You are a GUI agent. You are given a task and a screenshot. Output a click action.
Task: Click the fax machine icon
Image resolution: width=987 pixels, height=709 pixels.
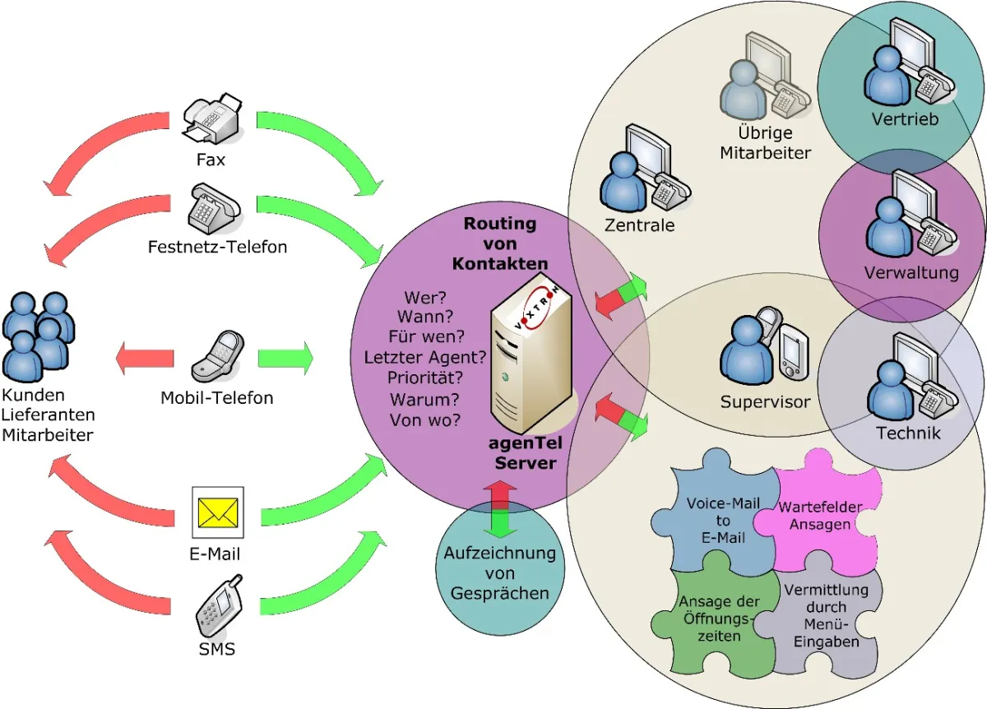[x=211, y=120]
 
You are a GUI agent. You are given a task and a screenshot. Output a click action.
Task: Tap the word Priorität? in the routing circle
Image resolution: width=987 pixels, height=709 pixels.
[x=425, y=378]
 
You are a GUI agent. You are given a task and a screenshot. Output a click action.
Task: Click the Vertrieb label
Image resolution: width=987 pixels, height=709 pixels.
[x=905, y=119]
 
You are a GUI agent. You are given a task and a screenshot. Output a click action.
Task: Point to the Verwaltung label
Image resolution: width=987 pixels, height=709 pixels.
[x=911, y=272]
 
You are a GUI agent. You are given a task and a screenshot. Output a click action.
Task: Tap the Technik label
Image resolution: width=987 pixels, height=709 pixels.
[x=908, y=432]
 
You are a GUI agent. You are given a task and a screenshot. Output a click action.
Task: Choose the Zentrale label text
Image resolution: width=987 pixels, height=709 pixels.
[x=639, y=225]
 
